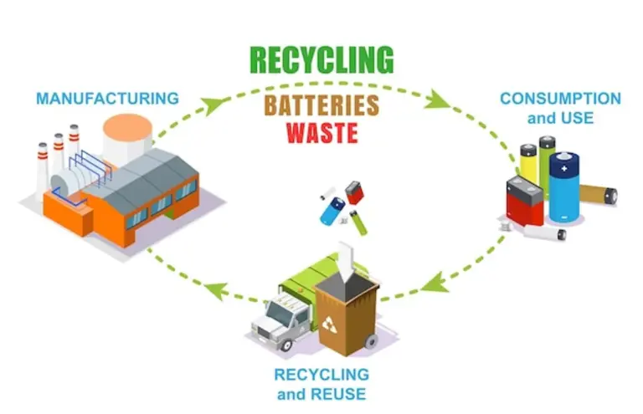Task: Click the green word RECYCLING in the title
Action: tap(321, 60)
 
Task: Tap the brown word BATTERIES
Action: tap(321, 105)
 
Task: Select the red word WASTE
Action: tap(321, 133)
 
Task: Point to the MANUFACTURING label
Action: tap(107, 98)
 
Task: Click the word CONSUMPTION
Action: tap(560, 99)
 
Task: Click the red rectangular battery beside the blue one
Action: tap(525, 202)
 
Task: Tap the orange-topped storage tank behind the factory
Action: tap(127, 138)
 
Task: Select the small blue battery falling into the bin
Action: tap(332, 211)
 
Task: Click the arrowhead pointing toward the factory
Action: tap(216, 292)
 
